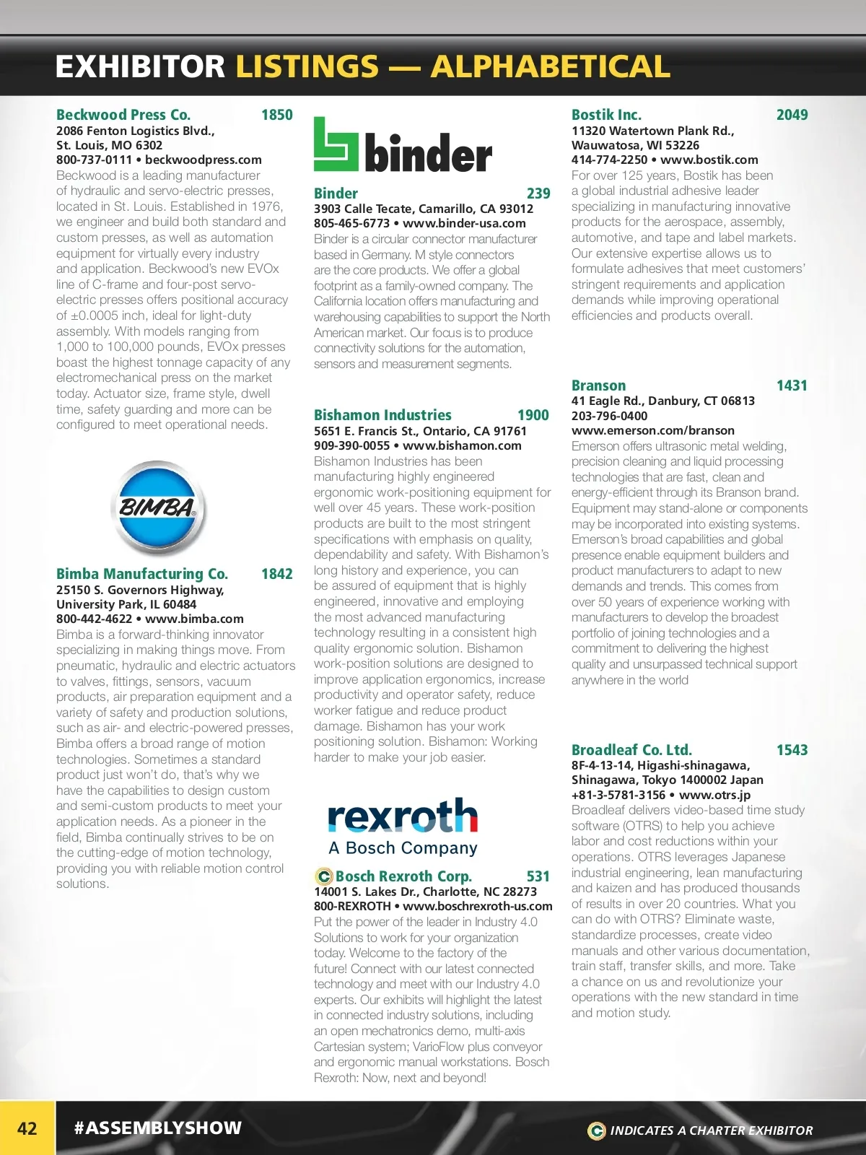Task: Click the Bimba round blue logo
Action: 158,507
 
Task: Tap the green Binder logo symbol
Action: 336,144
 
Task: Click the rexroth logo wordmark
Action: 402,816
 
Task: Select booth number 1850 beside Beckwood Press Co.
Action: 276,115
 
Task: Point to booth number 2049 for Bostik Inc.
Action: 792,115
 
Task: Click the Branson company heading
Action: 598,385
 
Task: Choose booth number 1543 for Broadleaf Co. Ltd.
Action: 792,750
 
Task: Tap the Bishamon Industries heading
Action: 382,415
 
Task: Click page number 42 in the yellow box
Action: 27,1128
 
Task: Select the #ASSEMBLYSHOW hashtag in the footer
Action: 158,1128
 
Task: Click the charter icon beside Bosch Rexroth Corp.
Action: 323,876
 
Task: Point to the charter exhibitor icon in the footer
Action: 596,1130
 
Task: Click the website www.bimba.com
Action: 194,619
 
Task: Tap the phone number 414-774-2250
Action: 609,160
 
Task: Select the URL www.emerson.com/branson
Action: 652,430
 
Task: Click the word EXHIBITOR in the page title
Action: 140,66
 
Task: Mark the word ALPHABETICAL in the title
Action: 550,66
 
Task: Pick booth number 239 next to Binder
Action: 538,193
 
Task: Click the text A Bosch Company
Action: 403,847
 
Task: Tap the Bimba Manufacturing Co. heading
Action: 142,574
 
